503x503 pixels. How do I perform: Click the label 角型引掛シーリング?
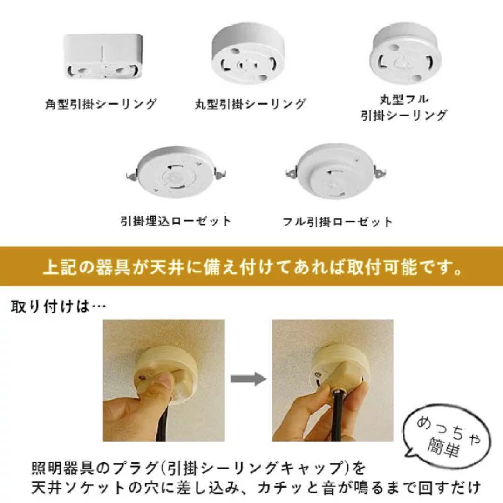pyautogui.click(x=100, y=104)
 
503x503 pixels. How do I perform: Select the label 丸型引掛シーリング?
pyautogui.click(x=251, y=104)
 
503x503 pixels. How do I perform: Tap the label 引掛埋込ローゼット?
pyautogui.click(x=175, y=221)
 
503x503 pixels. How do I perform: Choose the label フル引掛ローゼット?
pyautogui.click(x=338, y=221)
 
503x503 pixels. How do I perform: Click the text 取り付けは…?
pyautogui.click(x=58, y=307)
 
